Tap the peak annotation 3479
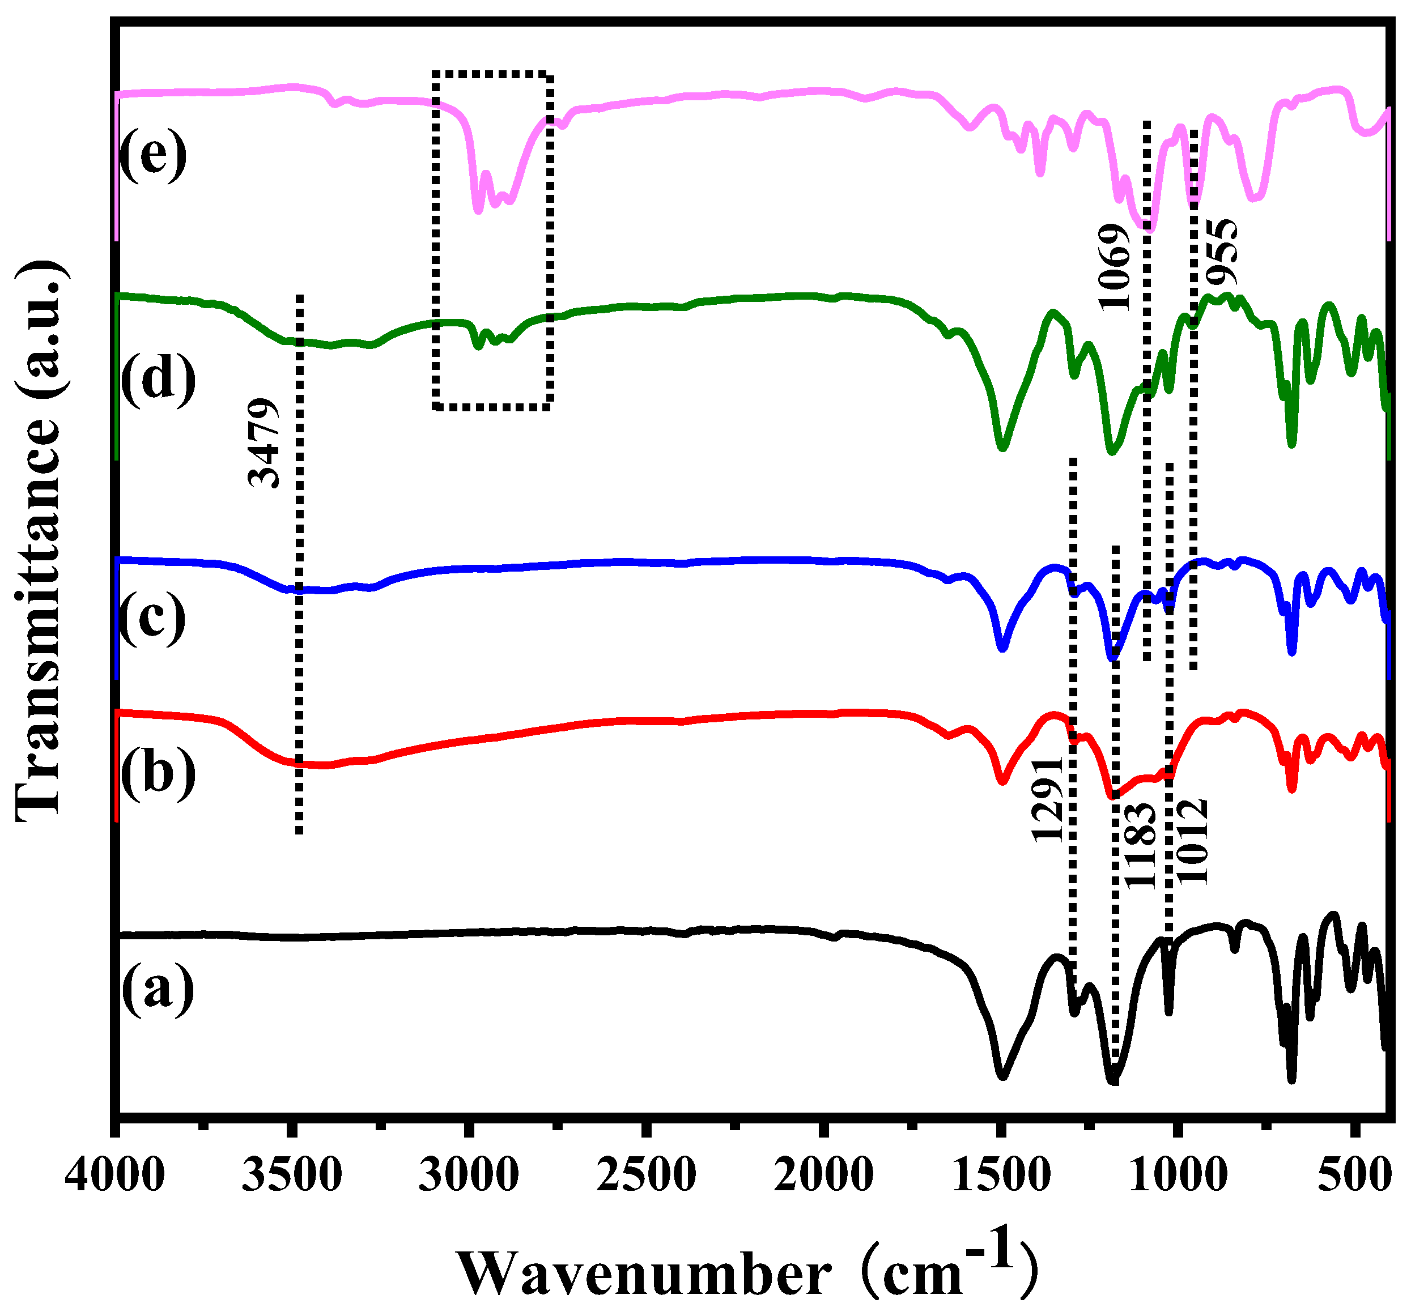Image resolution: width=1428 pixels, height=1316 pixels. pyautogui.click(x=263, y=442)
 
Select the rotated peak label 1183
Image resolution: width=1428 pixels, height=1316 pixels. pyautogui.click(x=1140, y=845)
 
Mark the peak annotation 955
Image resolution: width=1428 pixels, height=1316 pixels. pyautogui.click(x=1222, y=252)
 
